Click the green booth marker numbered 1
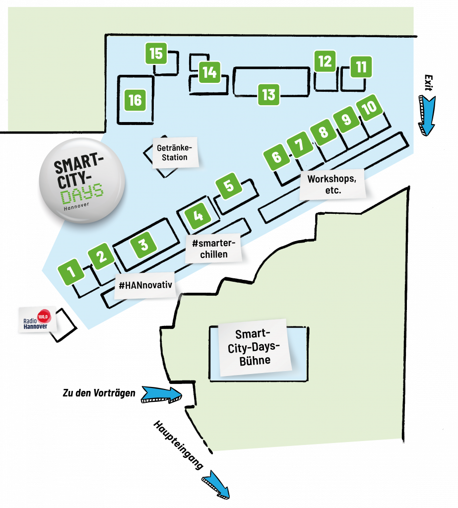pos(71,271)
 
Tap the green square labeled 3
pos(143,244)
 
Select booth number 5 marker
pos(228,186)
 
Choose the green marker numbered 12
pos(325,61)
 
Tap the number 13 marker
pos(268,94)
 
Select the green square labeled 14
pos(210,72)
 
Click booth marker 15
pos(156,53)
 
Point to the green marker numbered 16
pos(135,100)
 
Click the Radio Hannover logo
pos(37,320)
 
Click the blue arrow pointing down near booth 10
pos(427,116)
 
